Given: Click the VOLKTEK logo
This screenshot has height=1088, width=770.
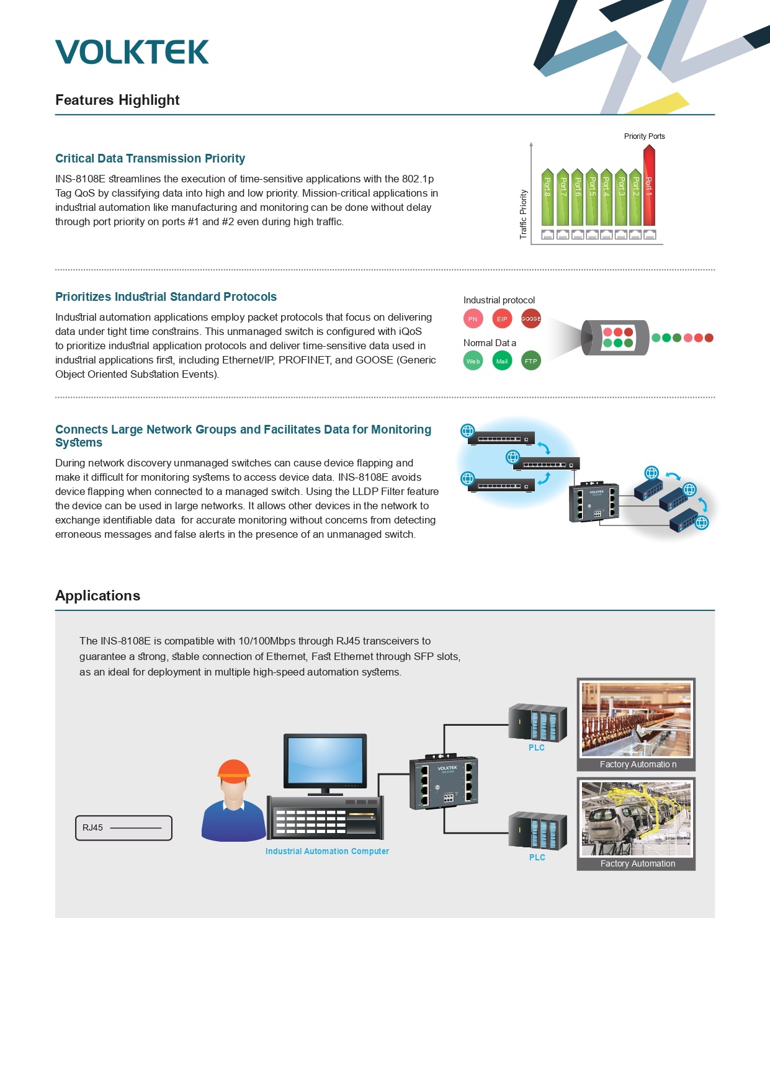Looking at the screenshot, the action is (x=132, y=52).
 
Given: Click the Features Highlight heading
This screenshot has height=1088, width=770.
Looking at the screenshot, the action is (x=117, y=100).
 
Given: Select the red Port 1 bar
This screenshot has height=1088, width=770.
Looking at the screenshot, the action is (x=649, y=185).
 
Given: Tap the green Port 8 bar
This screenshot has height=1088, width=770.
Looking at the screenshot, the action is (x=547, y=197).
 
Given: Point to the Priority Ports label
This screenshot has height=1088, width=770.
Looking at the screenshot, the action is (x=644, y=136).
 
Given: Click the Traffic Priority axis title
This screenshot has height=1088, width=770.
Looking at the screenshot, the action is (x=523, y=214).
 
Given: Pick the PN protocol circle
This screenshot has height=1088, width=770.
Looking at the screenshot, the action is (x=473, y=319).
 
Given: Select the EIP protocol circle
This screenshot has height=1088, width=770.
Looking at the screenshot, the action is (x=502, y=319).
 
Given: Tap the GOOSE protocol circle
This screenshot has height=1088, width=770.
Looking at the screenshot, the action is (x=531, y=319).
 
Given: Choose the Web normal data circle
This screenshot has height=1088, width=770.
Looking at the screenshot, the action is (x=473, y=361).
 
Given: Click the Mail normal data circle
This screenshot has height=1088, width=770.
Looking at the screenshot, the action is (x=502, y=361).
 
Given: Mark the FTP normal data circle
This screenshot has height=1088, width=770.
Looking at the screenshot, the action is (x=531, y=361).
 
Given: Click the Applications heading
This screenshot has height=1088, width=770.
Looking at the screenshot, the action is (x=97, y=595).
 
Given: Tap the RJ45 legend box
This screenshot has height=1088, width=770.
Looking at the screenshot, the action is (x=123, y=828).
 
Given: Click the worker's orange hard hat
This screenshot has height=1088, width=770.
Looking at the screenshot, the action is (x=234, y=769).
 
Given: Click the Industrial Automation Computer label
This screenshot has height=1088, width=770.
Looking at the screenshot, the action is (x=327, y=851).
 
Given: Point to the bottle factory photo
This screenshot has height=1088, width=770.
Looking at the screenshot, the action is (x=636, y=720).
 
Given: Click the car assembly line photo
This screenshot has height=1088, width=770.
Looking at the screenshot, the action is (x=636, y=819).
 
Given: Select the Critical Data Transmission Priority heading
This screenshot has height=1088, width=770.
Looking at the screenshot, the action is (x=150, y=158).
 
